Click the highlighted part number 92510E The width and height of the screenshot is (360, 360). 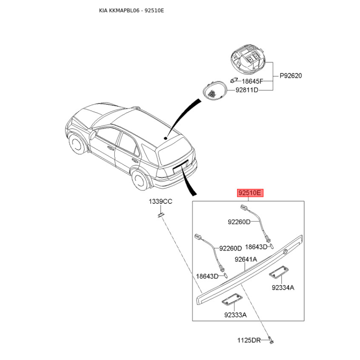pos(250,193)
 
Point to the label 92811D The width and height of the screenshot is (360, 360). pos(247,90)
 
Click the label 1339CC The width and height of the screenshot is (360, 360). pos(161,202)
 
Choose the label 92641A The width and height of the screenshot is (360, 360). pos(246,259)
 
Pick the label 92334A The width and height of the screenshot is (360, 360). pos(283,288)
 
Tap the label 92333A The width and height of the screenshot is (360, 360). pos(235,315)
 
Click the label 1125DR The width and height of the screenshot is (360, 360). pos(250,340)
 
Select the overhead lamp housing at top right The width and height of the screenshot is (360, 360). pos(249,60)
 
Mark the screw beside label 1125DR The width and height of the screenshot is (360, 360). pos(271,341)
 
